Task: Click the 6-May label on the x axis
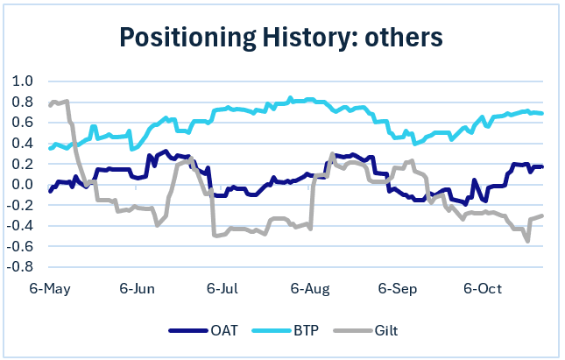[x=51, y=288]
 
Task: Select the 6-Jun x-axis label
[x=137, y=288]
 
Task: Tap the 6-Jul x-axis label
[x=222, y=288]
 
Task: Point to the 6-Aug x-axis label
[x=309, y=288]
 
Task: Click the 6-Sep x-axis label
[x=396, y=288]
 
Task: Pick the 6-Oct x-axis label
[x=481, y=288]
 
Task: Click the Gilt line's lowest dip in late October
[x=527, y=240]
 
